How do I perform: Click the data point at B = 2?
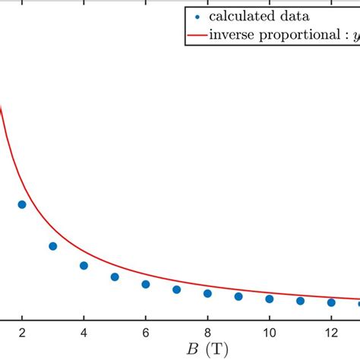click(x=22, y=204)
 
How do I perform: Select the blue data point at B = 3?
click(x=53, y=246)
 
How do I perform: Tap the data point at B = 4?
click(x=84, y=266)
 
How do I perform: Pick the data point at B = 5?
click(x=115, y=277)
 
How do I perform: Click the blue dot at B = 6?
click(x=146, y=284)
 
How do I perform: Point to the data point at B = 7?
click(x=176, y=289)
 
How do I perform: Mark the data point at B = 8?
click(x=207, y=293)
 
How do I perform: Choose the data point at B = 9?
click(x=238, y=296)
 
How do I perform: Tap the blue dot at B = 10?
click(x=270, y=298)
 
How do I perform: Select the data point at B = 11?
click(x=300, y=301)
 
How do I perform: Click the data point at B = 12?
click(x=331, y=302)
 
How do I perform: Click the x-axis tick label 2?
click(x=22, y=332)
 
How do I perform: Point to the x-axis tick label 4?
click(x=84, y=332)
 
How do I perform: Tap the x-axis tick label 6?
click(x=146, y=332)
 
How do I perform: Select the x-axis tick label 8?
click(x=207, y=332)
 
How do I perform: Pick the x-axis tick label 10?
click(x=270, y=332)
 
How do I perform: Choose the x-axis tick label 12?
click(x=331, y=332)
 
